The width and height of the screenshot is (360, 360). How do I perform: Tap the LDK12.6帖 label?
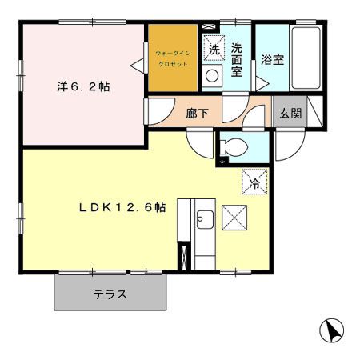pos(122,207)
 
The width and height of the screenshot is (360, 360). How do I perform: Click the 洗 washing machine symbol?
pos(214,49)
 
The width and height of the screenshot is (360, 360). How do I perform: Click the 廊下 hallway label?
pos(198,114)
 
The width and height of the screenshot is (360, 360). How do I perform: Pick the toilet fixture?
pos(237,147)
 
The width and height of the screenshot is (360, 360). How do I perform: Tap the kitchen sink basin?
pos(204,218)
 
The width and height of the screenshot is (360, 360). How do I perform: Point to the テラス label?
pos(111,294)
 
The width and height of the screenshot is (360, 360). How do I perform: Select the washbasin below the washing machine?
pos(214,77)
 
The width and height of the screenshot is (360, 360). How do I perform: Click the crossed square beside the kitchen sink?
pos(235,217)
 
